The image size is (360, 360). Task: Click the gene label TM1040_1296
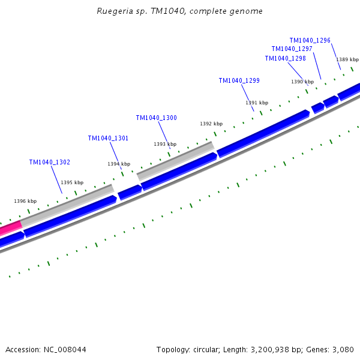tap(310, 40)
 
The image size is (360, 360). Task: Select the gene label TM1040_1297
tap(292, 49)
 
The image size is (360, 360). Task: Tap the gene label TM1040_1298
tap(285, 58)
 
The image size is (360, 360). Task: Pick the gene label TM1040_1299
tap(239, 80)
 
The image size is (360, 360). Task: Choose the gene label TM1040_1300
tap(156, 118)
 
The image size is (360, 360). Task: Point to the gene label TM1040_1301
tap(108, 138)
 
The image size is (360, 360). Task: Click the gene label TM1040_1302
tap(49, 162)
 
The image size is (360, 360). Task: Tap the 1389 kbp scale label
tap(347, 59)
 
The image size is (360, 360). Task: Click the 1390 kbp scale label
tap(302, 82)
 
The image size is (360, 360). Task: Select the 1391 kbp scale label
tap(257, 103)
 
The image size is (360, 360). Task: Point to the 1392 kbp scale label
tap(211, 124)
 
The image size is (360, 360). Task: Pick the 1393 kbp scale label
tap(165, 144)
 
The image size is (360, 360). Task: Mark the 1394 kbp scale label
tap(119, 164)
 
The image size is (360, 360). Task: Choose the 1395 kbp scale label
tap(72, 182)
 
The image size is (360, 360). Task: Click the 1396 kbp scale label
tap(25, 201)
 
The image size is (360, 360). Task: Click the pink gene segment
tap(10, 228)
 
